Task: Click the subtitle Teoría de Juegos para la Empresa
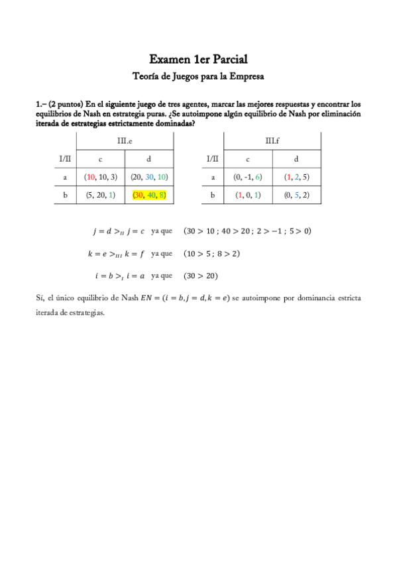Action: [x=198, y=76]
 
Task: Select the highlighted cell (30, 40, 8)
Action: [x=149, y=195]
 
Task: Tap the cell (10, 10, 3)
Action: [x=101, y=177]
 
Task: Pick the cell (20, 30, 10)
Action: [x=149, y=177]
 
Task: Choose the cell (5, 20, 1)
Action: [x=101, y=195]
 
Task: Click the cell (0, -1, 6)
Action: [x=248, y=177]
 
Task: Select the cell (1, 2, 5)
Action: [x=296, y=177]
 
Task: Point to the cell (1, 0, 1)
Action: [x=248, y=195]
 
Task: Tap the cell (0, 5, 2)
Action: [x=296, y=195]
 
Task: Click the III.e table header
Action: [x=125, y=141]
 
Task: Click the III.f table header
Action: [x=272, y=141]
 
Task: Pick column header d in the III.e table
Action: [x=149, y=159]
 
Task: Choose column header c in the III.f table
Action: [x=248, y=159]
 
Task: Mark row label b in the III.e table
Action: [x=64, y=195]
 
